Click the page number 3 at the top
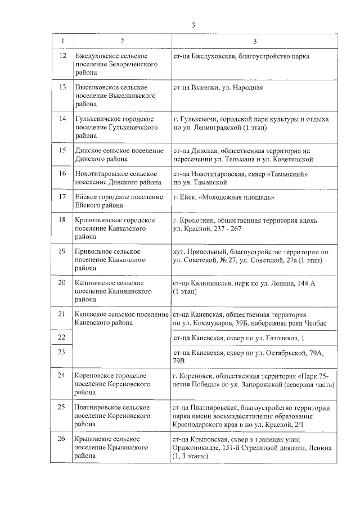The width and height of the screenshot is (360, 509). [193, 25]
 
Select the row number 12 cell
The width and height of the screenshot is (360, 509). [62, 57]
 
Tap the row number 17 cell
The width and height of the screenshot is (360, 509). [62, 196]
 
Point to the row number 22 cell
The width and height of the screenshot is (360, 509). [62, 337]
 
